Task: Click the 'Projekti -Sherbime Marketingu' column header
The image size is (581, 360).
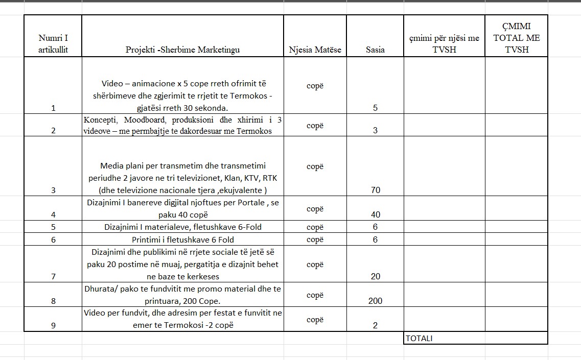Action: (182, 50)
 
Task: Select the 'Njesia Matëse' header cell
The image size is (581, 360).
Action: (315, 50)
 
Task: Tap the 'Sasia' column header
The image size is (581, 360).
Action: (375, 50)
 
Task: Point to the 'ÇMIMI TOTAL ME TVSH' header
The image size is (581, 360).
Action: (516, 37)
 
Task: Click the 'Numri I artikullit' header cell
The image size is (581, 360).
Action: (53, 43)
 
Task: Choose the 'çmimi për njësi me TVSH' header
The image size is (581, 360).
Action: (444, 43)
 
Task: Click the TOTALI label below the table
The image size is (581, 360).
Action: (419, 338)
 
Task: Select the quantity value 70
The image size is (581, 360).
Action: (375, 190)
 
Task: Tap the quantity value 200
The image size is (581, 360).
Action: (375, 301)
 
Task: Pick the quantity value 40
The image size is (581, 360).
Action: (375, 214)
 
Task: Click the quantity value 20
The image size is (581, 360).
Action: (375, 276)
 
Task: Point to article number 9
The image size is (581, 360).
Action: (53, 325)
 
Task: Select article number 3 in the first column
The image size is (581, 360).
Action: (53, 190)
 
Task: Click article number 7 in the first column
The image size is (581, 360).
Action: (53, 276)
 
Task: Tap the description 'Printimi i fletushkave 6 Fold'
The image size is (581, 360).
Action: (183, 239)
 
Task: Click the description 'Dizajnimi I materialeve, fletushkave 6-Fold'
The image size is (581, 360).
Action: (183, 227)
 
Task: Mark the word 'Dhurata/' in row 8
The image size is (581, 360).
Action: (100, 289)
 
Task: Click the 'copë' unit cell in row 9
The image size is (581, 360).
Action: (315, 320)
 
